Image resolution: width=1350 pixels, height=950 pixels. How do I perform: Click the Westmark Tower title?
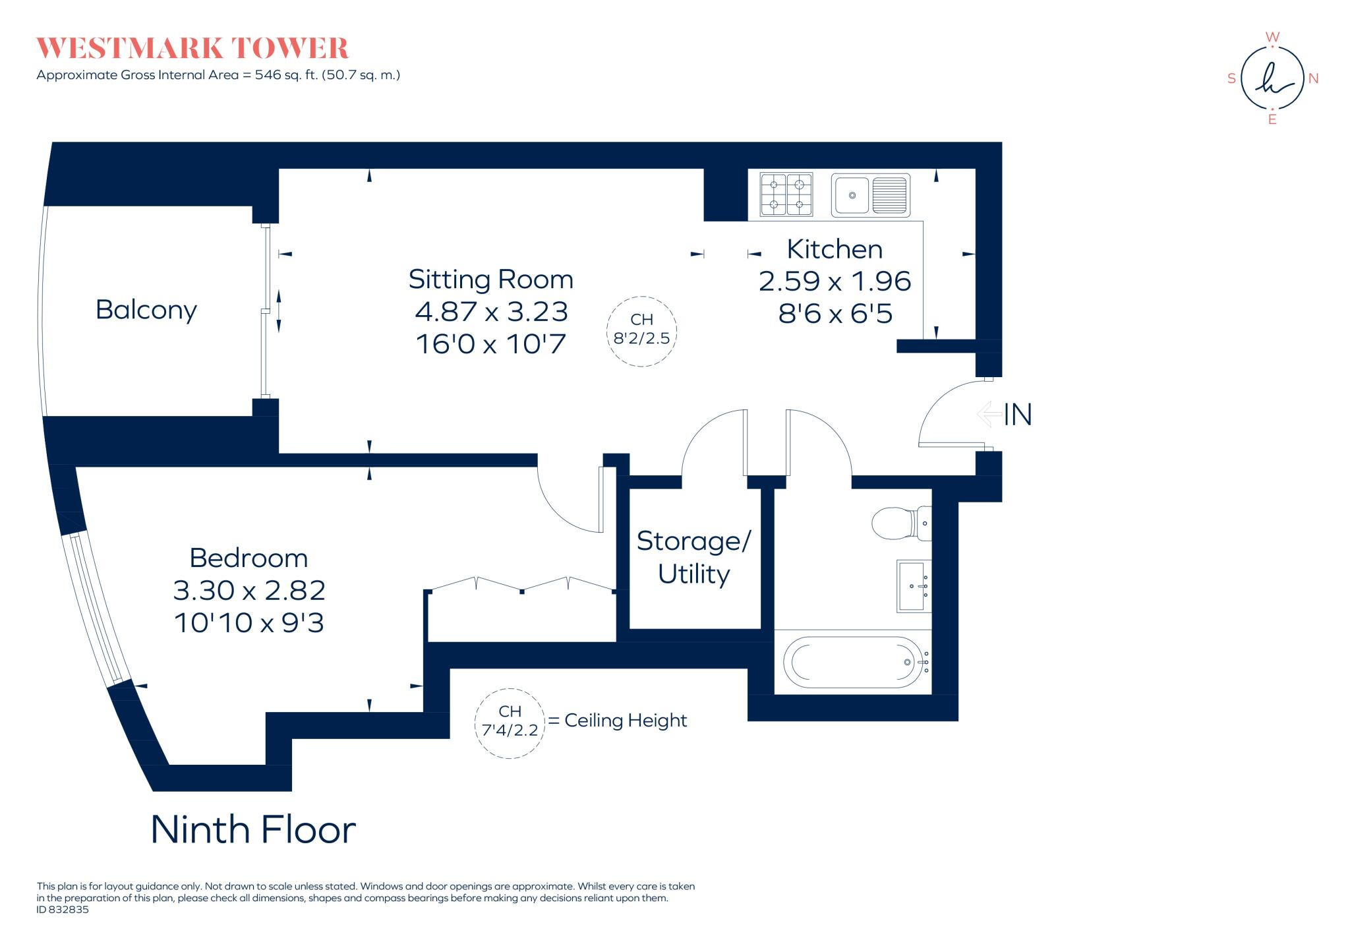(192, 49)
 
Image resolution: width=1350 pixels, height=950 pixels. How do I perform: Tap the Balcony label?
(146, 310)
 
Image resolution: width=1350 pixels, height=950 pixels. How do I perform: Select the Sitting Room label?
(491, 279)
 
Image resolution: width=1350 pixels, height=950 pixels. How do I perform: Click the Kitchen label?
(835, 249)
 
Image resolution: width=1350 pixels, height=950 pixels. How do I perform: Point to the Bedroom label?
(249, 558)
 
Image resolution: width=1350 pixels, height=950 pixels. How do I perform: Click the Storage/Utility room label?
(693, 557)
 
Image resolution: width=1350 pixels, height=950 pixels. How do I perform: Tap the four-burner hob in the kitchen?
(786, 194)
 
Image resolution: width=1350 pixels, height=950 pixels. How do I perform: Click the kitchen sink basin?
(852, 195)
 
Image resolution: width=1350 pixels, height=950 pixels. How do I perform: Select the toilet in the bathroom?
(901, 523)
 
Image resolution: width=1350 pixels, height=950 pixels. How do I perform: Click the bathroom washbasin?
(914, 586)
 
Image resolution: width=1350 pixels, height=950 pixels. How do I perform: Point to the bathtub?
(853, 662)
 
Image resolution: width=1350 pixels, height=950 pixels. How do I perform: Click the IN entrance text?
(1018, 415)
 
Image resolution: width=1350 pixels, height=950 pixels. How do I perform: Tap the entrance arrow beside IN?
(989, 414)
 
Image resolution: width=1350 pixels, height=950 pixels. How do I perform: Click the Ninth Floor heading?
(254, 829)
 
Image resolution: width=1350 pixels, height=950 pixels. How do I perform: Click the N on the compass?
(1313, 78)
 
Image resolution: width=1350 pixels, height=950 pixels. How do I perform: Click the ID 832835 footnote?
(63, 910)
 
